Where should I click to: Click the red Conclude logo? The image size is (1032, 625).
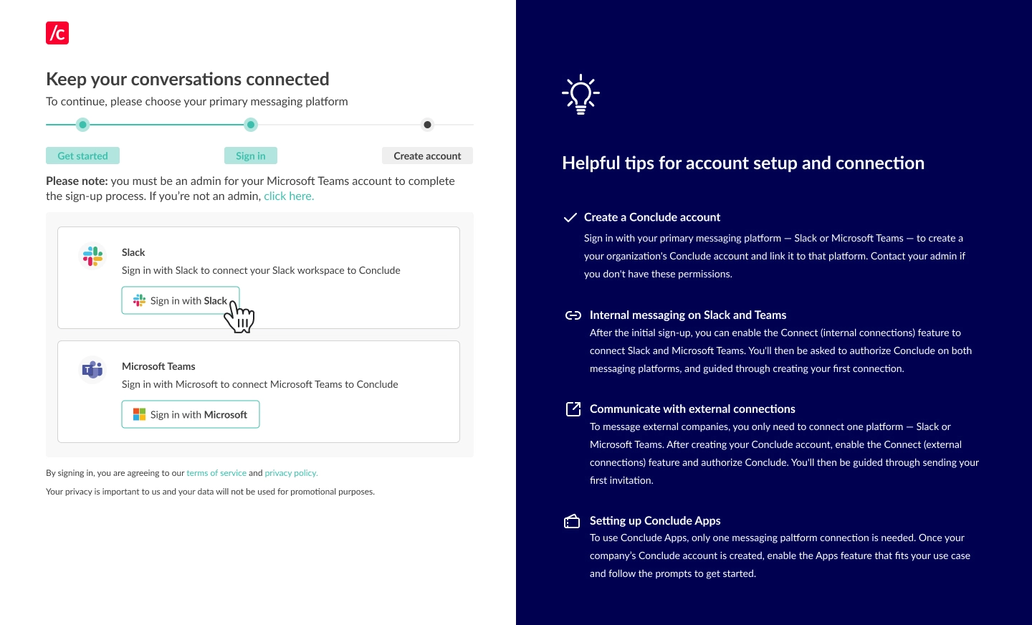(57, 33)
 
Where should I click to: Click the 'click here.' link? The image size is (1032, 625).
(289, 196)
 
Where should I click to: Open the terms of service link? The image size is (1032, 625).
(216, 473)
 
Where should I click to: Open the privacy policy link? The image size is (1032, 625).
(291, 473)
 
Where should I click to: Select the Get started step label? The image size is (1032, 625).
(82, 156)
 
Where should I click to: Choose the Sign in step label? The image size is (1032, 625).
(251, 156)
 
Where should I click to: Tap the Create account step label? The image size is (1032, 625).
(427, 156)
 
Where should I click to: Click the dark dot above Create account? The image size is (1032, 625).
(428, 125)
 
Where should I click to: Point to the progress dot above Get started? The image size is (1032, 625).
(83, 125)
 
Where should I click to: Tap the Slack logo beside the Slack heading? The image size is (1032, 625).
(92, 256)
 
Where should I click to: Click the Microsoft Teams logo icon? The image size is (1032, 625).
(92, 370)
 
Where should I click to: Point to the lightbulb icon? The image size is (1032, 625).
(580, 95)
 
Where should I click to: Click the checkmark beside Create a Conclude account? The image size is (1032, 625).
(570, 217)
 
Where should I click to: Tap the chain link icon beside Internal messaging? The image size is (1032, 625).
(573, 315)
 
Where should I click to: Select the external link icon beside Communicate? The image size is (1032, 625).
(573, 409)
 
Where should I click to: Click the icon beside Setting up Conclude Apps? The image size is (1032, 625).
(572, 521)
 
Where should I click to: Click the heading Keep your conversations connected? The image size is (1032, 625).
(188, 79)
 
